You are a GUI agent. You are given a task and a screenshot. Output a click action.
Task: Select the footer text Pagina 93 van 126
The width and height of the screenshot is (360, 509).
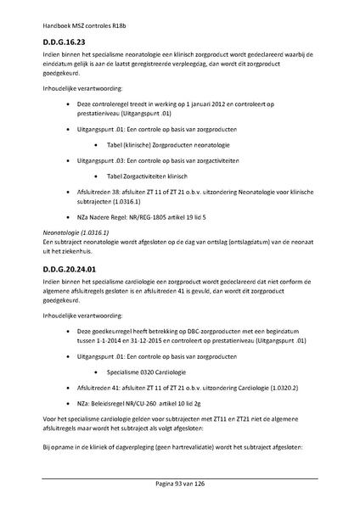pyautogui.click(x=180, y=482)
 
